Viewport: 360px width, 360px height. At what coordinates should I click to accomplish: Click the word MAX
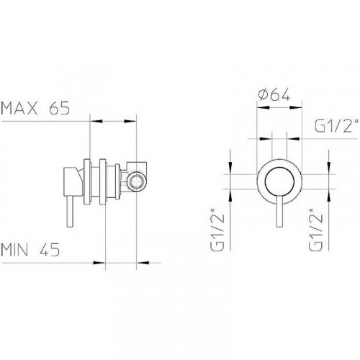(x=19, y=110)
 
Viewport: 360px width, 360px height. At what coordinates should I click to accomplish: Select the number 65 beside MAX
(x=58, y=110)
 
